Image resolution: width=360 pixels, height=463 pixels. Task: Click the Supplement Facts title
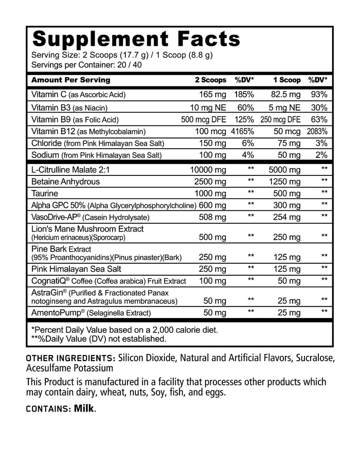coord(136,39)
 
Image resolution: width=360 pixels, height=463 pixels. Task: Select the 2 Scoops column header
coord(210,80)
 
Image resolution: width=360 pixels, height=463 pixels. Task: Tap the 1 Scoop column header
coord(286,80)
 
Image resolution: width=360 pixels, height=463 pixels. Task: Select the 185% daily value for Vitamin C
coord(244,95)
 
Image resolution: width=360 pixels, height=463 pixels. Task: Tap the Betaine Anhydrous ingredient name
coord(65,181)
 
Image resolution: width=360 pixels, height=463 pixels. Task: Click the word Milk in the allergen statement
coord(84,409)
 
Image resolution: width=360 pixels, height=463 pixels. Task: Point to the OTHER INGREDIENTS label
coord(70,358)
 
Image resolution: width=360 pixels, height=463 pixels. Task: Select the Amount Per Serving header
coord(70,80)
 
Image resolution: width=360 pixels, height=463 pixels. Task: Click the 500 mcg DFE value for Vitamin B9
coord(204,119)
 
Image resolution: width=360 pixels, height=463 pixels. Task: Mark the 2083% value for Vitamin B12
coord(317,131)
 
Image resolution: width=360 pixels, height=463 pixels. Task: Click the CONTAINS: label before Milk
coord(48,409)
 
